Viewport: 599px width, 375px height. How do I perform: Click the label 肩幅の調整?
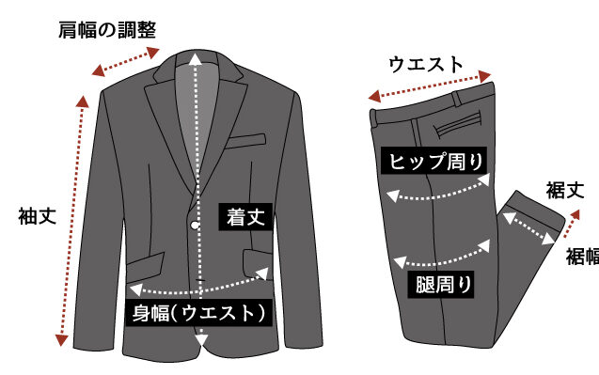(107, 30)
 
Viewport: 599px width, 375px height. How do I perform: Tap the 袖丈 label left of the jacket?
(37, 216)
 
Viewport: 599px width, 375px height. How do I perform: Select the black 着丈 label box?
(245, 217)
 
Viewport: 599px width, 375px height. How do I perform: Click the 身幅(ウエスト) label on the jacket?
(198, 313)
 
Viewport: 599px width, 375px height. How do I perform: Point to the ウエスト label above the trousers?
(426, 64)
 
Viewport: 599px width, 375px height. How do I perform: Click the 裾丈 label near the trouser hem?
(564, 190)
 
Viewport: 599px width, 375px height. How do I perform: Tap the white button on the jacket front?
(195, 226)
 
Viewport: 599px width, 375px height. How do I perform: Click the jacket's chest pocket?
(245, 141)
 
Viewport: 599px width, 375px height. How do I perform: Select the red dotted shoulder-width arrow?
(126, 61)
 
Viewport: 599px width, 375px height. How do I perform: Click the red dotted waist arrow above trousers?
(430, 86)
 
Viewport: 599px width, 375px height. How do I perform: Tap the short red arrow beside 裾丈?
(572, 224)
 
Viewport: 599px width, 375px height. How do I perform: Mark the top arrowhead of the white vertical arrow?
(196, 60)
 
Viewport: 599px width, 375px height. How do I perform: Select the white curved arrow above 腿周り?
(442, 257)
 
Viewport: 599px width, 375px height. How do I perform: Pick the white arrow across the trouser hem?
(528, 228)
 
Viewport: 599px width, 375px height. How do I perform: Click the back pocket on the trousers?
(457, 124)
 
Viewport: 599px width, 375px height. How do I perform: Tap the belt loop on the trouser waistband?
(456, 100)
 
